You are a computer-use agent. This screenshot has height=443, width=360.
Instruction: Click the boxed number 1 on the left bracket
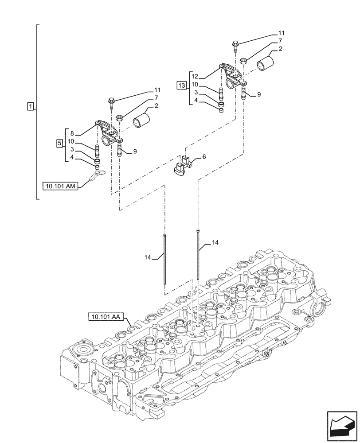pos(30,106)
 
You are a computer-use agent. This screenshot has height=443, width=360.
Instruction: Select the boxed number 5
pos(59,143)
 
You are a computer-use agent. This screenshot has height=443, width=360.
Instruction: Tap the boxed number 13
pos(181,85)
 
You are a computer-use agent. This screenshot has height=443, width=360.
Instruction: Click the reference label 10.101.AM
pos(61,187)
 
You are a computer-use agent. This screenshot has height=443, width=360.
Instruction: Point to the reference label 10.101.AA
pos(107,316)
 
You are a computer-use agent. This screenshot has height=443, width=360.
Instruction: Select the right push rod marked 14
pos(197,255)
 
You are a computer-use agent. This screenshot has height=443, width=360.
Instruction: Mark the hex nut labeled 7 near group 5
pos(119,117)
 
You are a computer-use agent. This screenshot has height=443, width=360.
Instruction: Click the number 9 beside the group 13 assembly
pos(259,94)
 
